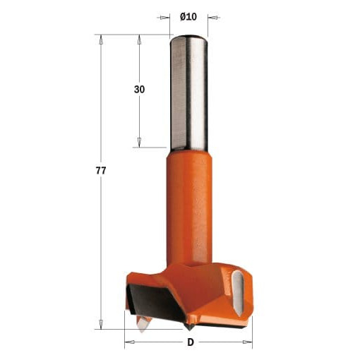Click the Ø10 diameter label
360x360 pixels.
click(x=188, y=17)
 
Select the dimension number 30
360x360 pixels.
click(x=139, y=90)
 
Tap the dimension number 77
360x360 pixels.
click(x=101, y=171)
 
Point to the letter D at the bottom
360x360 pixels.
click(x=191, y=342)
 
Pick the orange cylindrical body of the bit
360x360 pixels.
click(x=189, y=207)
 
